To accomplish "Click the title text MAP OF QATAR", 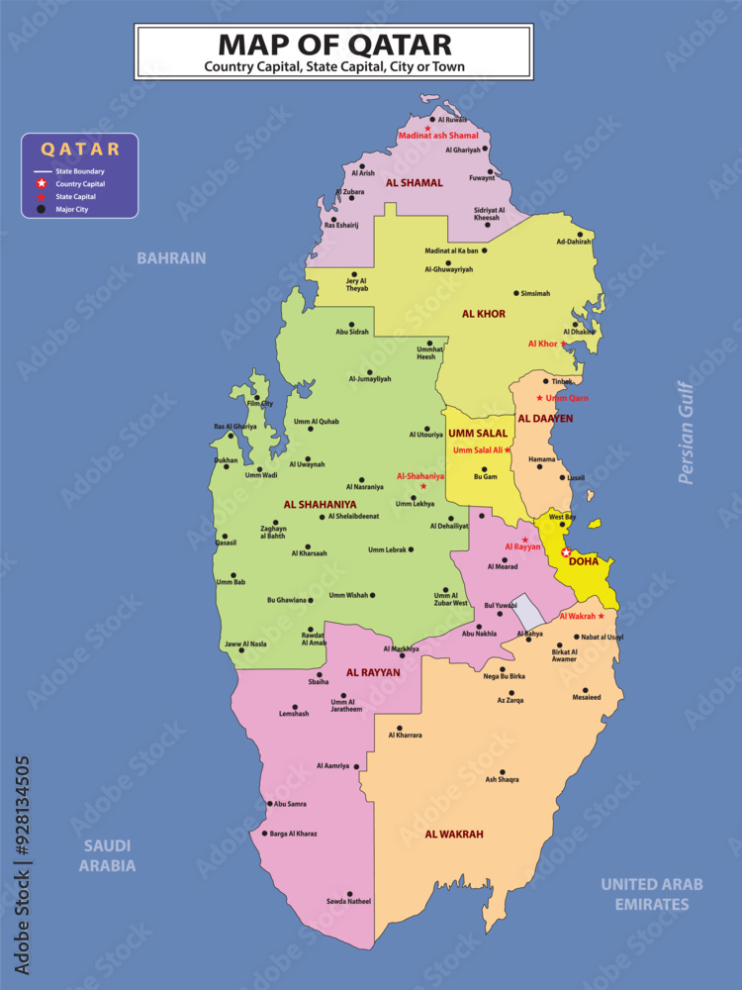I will point(334,45).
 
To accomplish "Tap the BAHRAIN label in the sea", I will point(171,257).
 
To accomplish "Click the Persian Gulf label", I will point(687,433).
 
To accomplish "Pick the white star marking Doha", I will point(565,552).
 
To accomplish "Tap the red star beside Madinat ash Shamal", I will point(427,128).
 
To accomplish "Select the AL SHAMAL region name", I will point(415,183).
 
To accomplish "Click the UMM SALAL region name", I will point(478,434).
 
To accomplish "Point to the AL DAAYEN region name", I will point(545,419).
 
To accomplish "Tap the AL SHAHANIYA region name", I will point(320,504).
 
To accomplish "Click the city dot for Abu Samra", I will point(269,804).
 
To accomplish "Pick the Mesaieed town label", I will point(586,697).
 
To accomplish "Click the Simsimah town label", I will point(535,293).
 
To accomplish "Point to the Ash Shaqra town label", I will point(502,779).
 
